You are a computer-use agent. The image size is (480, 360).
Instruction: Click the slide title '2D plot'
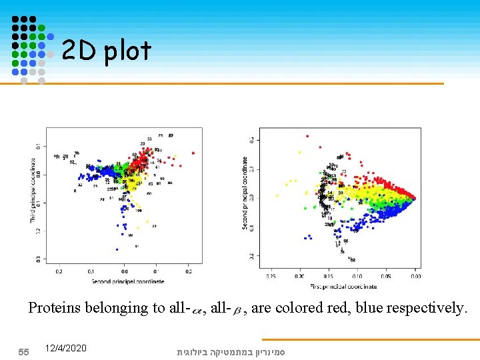coord(106,50)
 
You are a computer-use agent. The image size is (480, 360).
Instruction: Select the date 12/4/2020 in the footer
coord(66,349)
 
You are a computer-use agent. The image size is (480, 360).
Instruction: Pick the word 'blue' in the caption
coord(369,308)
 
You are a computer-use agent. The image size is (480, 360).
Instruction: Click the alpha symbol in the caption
coord(197,309)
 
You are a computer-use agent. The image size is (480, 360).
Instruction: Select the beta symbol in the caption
coord(237,309)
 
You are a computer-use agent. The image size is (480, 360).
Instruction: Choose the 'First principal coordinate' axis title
coord(343,286)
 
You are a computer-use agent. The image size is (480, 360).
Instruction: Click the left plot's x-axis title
coord(123,282)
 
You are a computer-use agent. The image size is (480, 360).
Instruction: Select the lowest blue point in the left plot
coord(117,250)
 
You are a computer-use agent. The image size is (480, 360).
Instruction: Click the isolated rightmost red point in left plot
coord(194,151)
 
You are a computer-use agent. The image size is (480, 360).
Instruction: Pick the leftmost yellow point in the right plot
coord(287,183)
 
